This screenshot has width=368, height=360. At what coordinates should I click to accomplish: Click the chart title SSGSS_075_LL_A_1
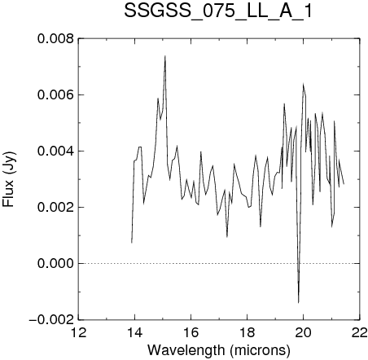[x=218, y=11]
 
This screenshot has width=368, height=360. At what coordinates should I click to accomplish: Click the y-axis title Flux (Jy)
[x=9, y=179]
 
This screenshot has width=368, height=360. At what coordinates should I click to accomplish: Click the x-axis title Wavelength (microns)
[x=219, y=350]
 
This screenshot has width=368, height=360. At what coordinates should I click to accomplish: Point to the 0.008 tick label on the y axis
[x=55, y=39]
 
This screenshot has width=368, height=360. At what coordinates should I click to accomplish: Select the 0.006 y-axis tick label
[x=55, y=95]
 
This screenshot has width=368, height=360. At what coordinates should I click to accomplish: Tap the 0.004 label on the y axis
[x=55, y=151]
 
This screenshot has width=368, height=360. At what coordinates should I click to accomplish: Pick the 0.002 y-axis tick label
[x=55, y=208]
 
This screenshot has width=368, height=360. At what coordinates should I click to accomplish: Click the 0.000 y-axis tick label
[x=55, y=264]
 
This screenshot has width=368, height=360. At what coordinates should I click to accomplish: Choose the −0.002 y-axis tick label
[x=51, y=320]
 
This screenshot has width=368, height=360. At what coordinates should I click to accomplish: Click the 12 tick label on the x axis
[x=79, y=332]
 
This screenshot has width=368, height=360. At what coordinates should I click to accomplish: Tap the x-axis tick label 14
[x=135, y=332]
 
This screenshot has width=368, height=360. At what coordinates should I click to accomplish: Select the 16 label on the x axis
[x=191, y=332]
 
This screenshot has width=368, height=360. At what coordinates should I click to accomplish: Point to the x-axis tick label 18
[x=248, y=332]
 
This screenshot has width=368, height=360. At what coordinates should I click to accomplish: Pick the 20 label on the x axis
[x=304, y=332]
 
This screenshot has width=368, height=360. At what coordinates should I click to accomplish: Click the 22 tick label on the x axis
[x=360, y=332]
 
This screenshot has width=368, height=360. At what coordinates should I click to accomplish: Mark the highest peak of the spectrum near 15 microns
[x=164, y=55]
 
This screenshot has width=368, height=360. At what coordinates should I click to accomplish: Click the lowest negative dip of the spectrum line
[x=299, y=303]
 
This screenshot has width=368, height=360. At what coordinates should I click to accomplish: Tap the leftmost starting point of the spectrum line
[x=132, y=243]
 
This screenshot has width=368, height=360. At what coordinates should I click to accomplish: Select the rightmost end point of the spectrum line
[x=344, y=184]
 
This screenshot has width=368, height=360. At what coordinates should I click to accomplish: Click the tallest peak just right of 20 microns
[x=303, y=84]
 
